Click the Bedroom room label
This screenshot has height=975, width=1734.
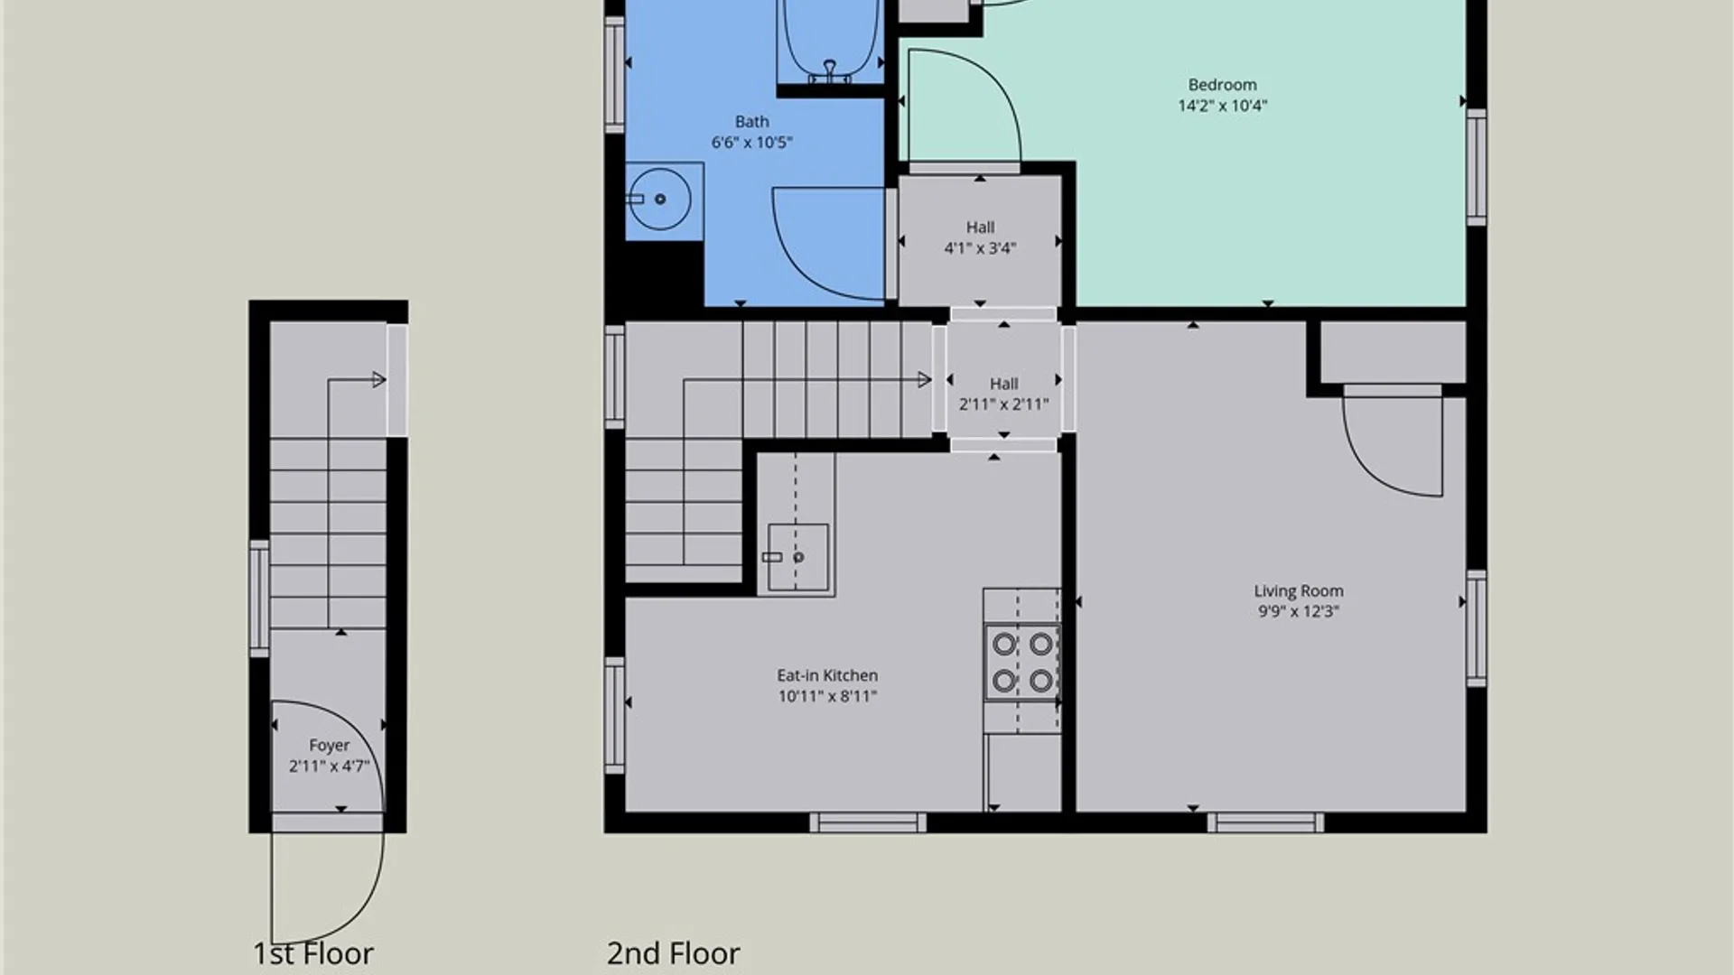[x=1222, y=85]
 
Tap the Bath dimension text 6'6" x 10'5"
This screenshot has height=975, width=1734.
[x=751, y=142]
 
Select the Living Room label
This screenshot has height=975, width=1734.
[x=1298, y=591]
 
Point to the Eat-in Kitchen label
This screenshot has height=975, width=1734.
[x=827, y=675]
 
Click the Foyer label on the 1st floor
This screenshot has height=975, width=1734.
[x=329, y=746]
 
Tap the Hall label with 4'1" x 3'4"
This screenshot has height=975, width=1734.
[x=980, y=227]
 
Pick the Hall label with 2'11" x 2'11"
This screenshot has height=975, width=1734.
[x=1003, y=384]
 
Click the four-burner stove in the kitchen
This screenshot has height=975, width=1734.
[x=1022, y=661]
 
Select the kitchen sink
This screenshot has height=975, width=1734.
[x=797, y=557]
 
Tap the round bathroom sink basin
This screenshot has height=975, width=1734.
[x=659, y=199]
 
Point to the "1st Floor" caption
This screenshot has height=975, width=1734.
[x=312, y=953]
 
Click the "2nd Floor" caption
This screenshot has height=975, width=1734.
[x=673, y=953]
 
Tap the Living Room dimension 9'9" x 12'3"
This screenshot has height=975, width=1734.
[x=1298, y=611]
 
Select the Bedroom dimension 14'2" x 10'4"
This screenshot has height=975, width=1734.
[x=1222, y=106]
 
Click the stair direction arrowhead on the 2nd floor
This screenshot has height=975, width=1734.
[x=925, y=380]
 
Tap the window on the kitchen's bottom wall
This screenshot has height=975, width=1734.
[x=867, y=822]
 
